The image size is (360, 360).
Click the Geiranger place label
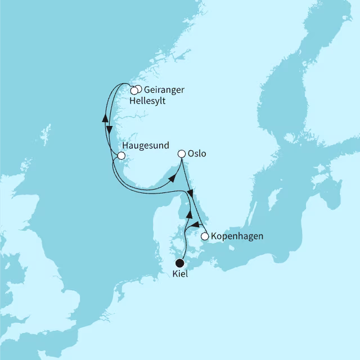coord(164,90)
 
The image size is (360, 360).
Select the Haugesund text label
coord(145,145)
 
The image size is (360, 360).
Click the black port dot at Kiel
coord(180,262)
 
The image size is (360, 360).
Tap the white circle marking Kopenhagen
coord(205,236)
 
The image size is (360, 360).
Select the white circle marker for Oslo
coord(182,154)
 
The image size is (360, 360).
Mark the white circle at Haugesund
coord(121,156)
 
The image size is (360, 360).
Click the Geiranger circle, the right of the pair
coord(138,89)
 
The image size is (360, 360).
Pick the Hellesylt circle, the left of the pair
coord(134,91)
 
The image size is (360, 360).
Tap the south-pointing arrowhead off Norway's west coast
coord(110,129)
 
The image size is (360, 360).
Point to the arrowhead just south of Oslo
coord(191,194)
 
